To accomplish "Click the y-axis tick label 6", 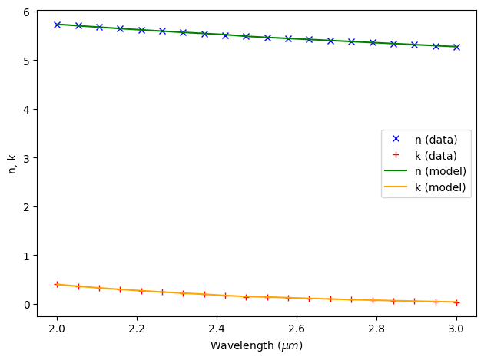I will point(25,12).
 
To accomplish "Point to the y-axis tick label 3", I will point(25,158).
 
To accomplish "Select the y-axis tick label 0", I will point(25,305).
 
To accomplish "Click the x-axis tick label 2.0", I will point(57,329).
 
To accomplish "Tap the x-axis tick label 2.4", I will point(217,329).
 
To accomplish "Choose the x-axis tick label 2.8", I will point(376,329).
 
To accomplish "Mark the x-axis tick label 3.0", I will point(456,329).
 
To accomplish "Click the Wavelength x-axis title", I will point(257,346).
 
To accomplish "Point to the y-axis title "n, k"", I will point(11,163).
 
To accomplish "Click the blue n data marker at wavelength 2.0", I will point(57,25).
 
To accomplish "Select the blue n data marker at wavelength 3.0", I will point(456,47).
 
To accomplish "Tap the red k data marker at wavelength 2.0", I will point(57,284).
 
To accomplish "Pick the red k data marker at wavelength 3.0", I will point(456,302).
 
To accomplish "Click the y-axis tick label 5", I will point(25,61).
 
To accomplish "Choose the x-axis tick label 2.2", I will point(137,329).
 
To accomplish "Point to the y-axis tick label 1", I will point(25,256).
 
